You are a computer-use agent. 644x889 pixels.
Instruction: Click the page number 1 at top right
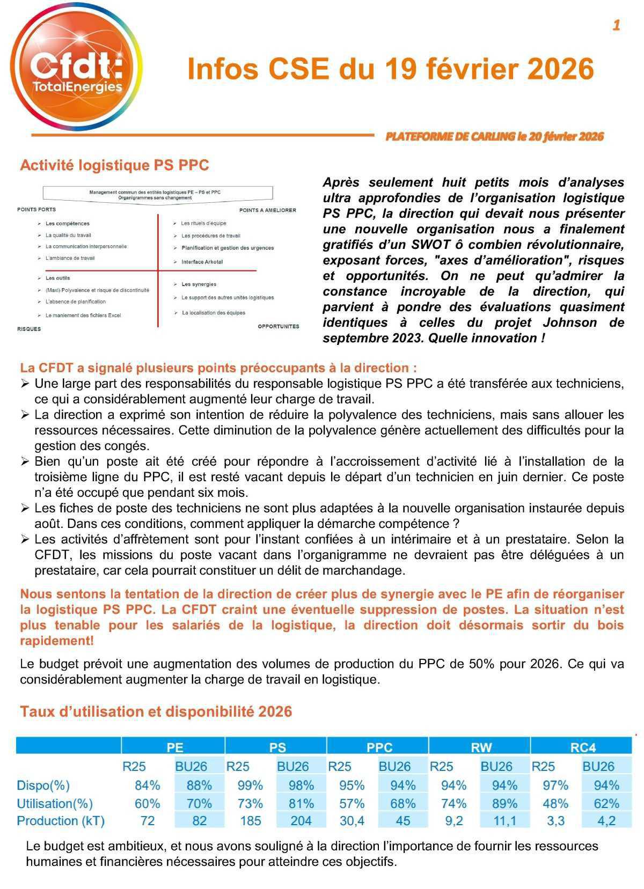pos(616,25)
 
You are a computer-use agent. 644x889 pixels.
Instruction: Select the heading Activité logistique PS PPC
pos(114,165)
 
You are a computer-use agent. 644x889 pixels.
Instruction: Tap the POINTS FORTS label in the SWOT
pos(36,209)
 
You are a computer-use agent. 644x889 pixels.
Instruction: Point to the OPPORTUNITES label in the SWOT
pos(278,326)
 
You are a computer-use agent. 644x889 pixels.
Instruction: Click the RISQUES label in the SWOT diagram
pos(29,329)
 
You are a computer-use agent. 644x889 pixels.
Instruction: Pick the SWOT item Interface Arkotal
pos(202,262)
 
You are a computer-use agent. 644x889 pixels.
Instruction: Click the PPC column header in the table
pos(379,747)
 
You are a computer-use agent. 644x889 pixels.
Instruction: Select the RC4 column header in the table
pos(583,747)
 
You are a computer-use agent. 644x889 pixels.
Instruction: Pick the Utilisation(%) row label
pos(55,803)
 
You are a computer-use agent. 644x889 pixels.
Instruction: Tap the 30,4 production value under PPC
pos(352,821)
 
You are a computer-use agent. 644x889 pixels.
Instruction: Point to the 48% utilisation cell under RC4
pos(555,803)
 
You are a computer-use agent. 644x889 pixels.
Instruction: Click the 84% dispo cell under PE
pos(148,785)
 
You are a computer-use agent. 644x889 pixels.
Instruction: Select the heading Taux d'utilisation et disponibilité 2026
pos(156,711)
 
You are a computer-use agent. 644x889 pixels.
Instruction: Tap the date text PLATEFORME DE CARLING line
pos(494,136)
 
